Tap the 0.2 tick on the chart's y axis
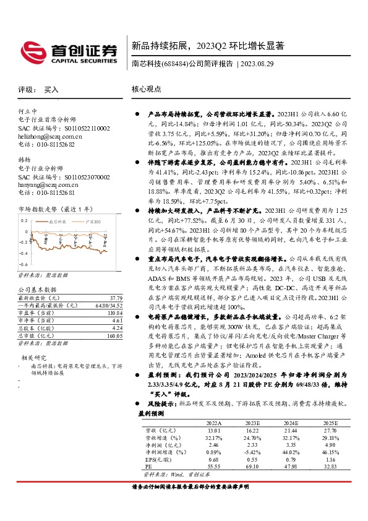(x=25, y=220)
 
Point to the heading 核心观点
(x=146, y=89)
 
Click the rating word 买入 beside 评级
(x=51, y=89)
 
